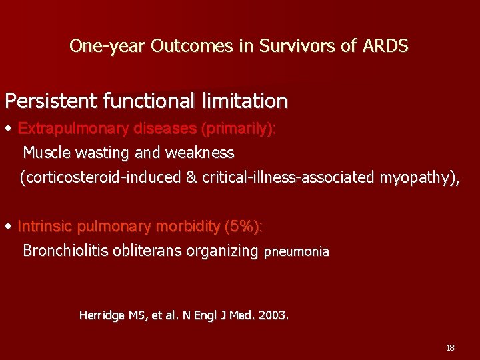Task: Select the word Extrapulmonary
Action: tap(73, 128)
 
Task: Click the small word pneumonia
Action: tap(297, 252)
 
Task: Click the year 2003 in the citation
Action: tap(274, 315)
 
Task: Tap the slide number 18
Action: tap(450, 347)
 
